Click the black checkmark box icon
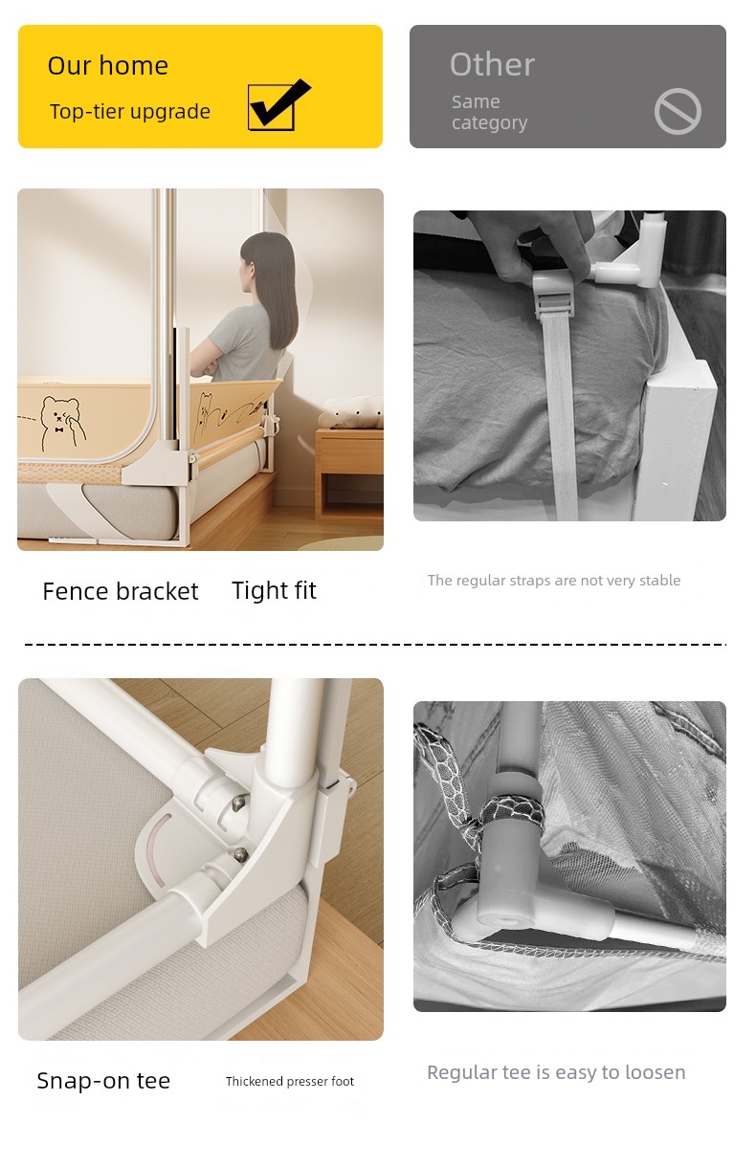(x=277, y=106)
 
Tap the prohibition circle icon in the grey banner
(x=678, y=111)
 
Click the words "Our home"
(x=108, y=66)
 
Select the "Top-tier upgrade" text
(x=130, y=112)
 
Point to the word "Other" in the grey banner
(x=492, y=65)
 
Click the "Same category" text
(x=489, y=112)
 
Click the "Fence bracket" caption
(x=121, y=591)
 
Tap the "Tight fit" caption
(x=274, y=591)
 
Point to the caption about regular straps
(x=554, y=581)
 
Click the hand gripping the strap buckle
(x=537, y=246)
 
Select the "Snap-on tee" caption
(x=103, y=1081)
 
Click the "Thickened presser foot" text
(x=290, y=1082)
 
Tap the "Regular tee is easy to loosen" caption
(x=556, y=1072)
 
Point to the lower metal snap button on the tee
(x=240, y=853)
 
